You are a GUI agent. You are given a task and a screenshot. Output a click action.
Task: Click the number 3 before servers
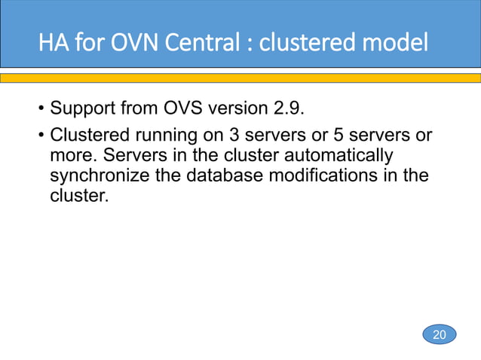coord(224,136)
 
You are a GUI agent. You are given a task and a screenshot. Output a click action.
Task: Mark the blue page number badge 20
coord(439,334)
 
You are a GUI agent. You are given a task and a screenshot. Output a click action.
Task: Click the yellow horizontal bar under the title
coord(240,78)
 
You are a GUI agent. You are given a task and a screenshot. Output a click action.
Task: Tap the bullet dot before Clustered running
coord(41,136)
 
